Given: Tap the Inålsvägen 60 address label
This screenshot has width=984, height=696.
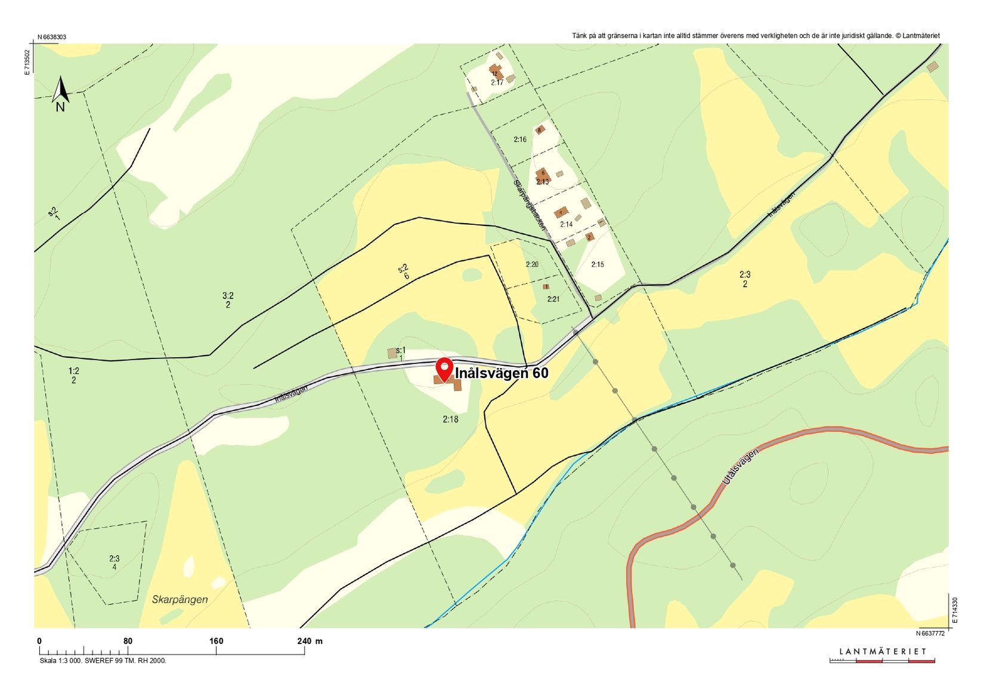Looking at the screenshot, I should [502, 373].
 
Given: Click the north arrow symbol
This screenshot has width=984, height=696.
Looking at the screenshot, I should [60, 94].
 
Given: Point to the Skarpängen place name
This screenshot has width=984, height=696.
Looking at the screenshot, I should [180, 599].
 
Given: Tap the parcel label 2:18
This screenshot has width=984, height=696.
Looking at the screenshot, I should [450, 419].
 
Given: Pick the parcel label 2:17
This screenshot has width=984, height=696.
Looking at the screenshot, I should [497, 82].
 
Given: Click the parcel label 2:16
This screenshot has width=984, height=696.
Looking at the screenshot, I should [520, 140].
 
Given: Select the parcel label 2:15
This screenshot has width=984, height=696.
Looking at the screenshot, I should [598, 264].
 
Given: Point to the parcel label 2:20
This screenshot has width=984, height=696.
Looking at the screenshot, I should [532, 264].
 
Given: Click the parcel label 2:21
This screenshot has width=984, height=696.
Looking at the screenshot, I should [553, 299].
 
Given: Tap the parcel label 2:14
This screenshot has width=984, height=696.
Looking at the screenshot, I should [566, 224].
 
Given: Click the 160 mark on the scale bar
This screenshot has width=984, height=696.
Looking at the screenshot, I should [216, 641].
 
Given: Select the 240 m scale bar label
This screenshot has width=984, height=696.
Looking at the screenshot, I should [310, 641].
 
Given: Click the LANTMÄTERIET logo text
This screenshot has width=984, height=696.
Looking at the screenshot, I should [883, 651].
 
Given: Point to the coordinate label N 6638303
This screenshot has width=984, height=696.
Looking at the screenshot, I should [52, 37].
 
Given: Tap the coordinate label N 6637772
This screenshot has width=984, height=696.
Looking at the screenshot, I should [930, 633].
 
